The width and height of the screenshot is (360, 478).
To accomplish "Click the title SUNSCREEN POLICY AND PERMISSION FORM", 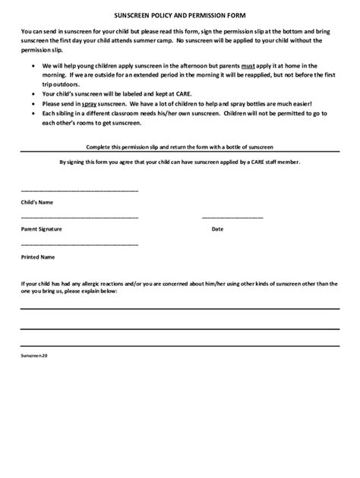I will (x=180, y=15).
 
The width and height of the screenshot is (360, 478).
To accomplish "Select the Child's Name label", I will (x=36, y=203).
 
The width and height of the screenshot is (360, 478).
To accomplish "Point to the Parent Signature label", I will (x=41, y=228).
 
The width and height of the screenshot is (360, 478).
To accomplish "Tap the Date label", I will (x=217, y=228).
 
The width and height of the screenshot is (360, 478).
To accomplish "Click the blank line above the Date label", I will (x=232, y=217).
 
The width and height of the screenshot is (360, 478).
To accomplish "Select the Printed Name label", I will (x=38, y=256).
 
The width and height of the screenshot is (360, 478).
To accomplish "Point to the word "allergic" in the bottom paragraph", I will (x=103, y=284).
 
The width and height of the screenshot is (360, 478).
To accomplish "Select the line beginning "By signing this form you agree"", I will (x=180, y=162).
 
